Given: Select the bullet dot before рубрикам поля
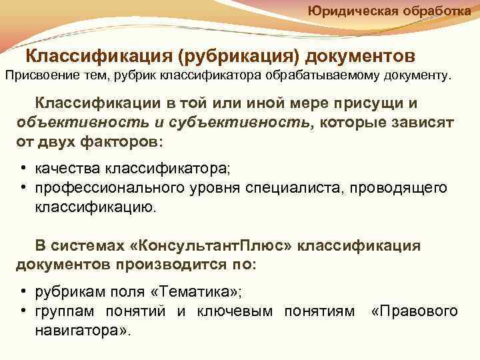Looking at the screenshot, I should (23, 292).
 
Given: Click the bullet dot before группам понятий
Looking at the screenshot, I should (23, 311).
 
